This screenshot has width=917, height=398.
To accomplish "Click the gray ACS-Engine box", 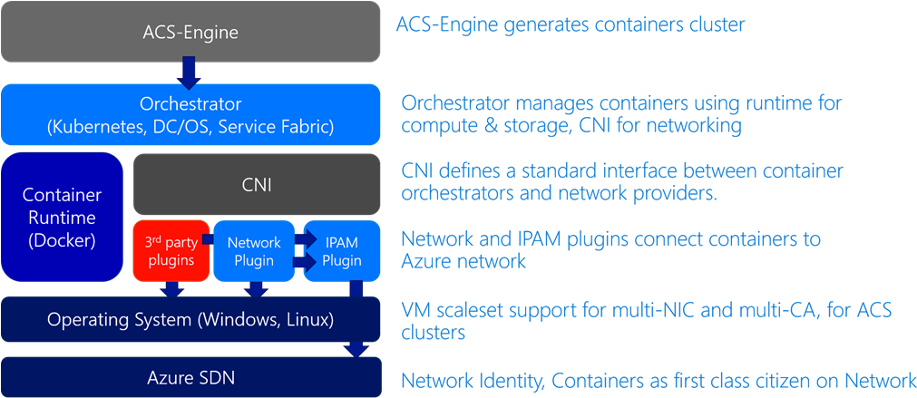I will point(190,33).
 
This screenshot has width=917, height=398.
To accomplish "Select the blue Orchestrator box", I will point(190,114).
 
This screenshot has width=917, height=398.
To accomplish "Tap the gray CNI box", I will point(258,185).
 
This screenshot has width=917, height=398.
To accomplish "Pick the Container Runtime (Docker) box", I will point(62,217).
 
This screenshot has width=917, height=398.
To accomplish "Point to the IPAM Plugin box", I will point(341,250).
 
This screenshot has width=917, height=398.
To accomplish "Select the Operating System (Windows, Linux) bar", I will point(190,319).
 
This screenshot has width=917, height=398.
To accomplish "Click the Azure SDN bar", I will point(190,375).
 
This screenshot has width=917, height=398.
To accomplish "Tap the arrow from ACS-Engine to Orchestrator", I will point(190,71).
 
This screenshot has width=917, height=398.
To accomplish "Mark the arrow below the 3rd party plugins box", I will point(171,289).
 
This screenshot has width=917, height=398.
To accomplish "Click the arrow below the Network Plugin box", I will point(256,289).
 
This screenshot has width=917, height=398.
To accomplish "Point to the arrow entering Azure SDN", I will point(356,348).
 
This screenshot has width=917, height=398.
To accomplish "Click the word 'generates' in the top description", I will point(542,24).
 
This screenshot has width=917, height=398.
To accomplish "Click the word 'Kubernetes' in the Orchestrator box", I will point(95,126).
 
